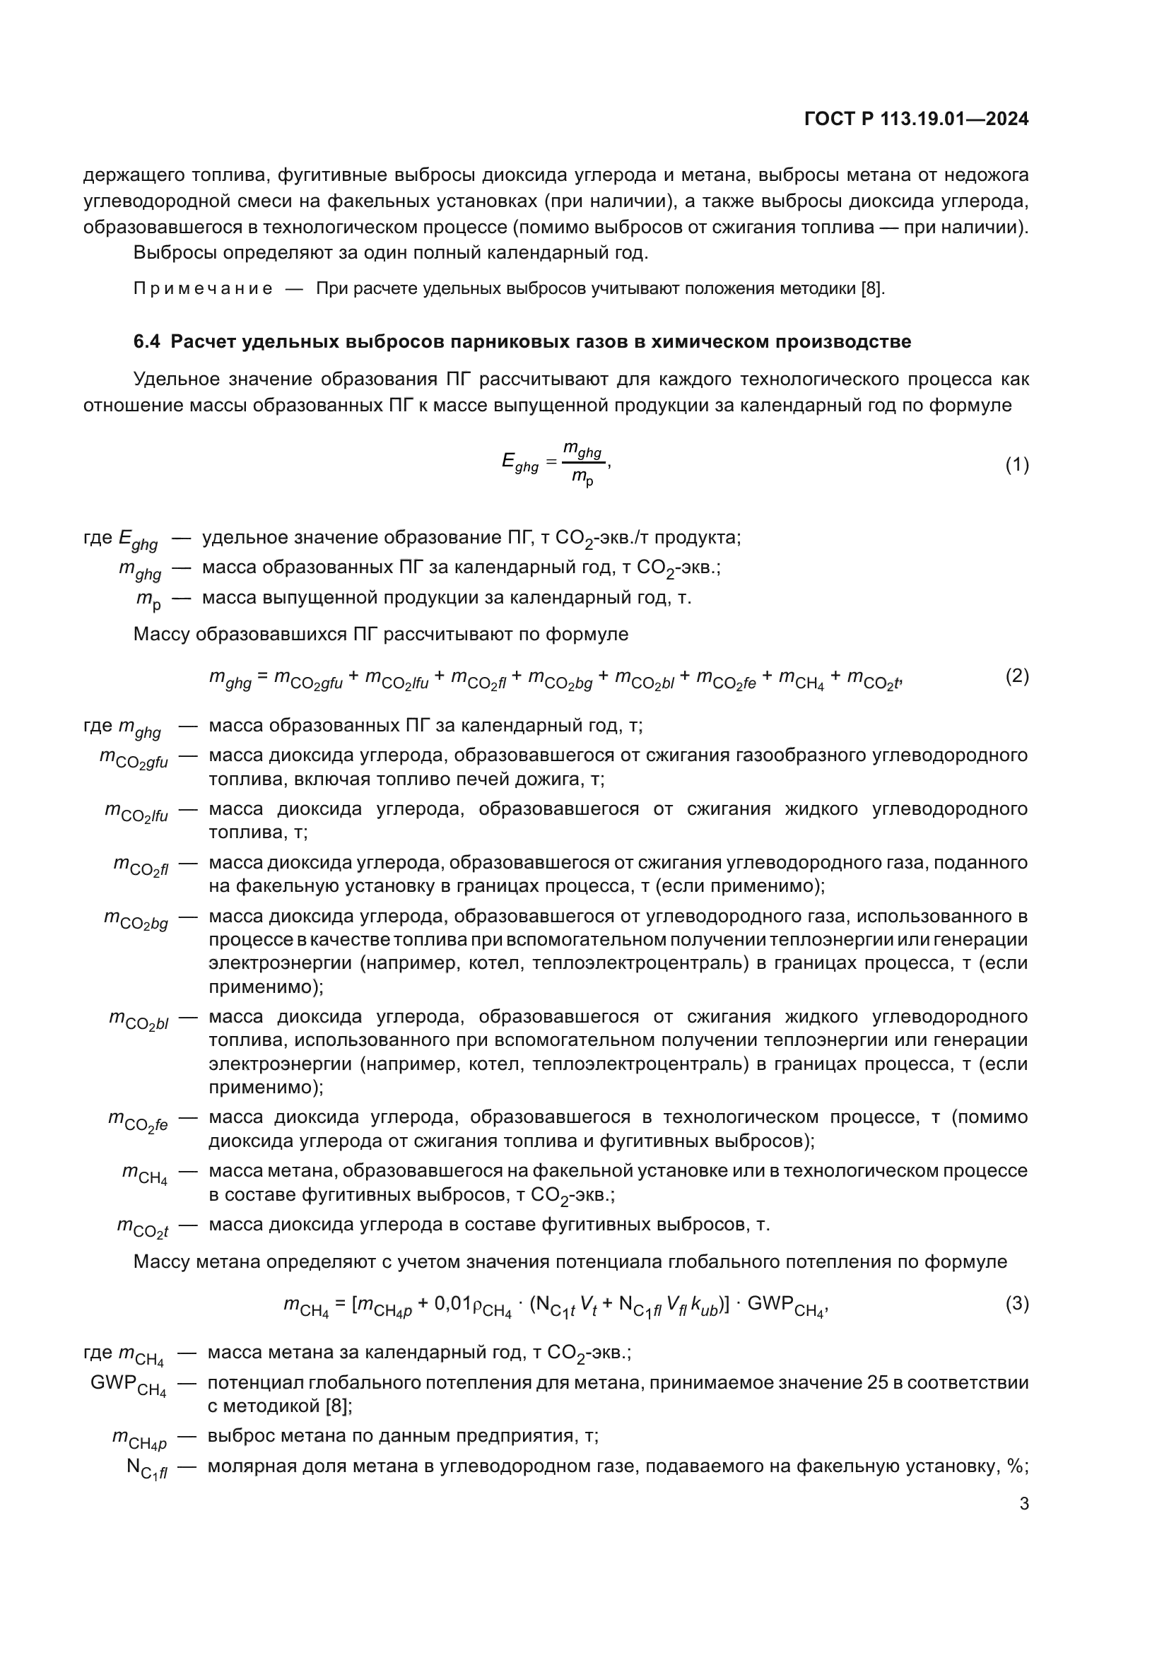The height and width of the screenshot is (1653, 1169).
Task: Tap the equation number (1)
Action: click(1016, 465)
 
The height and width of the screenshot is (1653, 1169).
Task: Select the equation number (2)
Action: click(1016, 676)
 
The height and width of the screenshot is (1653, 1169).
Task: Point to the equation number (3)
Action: click(1016, 1304)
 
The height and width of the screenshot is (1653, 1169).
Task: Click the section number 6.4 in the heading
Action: click(147, 342)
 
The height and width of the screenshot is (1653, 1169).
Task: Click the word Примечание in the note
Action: click(203, 290)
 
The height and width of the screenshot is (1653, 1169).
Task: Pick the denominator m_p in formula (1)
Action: click(582, 478)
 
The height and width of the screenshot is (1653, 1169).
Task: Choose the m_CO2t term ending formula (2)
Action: click(873, 679)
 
